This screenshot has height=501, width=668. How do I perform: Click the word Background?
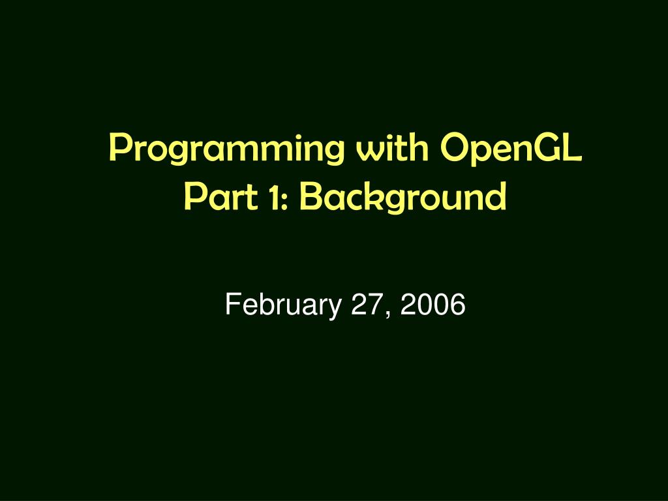(402, 197)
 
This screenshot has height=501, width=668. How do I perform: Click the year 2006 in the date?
(433, 305)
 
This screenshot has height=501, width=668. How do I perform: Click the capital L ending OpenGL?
(575, 148)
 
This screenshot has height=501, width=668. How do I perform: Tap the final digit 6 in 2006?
(458, 305)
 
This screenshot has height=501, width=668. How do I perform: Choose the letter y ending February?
(337, 308)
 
